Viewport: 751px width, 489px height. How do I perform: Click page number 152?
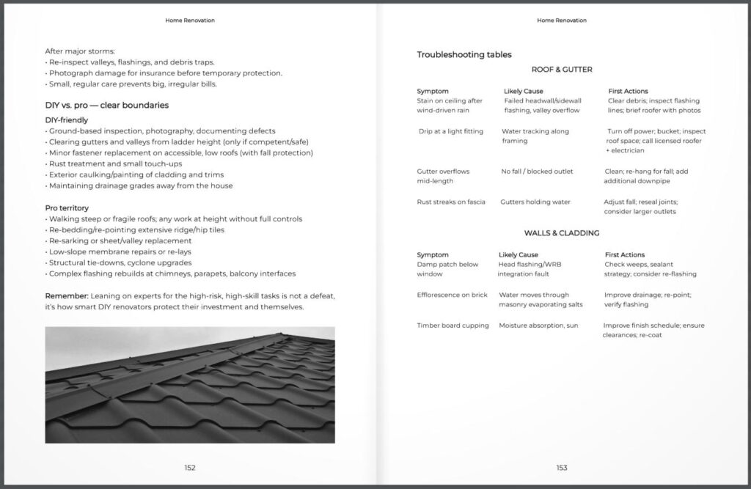(x=190, y=467)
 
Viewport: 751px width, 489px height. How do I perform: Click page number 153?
(x=562, y=467)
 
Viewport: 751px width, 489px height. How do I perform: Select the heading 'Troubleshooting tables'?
(x=464, y=54)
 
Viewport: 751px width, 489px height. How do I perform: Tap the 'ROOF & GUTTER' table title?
(x=562, y=70)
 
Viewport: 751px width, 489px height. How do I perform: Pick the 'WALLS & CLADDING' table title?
(x=562, y=233)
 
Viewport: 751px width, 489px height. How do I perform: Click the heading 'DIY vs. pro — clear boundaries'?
(x=107, y=105)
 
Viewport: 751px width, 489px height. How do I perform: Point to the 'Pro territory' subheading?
(x=67, y=207)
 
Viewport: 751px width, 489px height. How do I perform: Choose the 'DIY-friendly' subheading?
(x=67, y=120)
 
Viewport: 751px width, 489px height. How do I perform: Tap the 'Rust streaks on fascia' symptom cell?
(x=451, y=202)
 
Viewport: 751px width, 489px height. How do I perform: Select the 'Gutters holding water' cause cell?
(x=535, y=202)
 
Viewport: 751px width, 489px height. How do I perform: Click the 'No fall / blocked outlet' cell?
(x=538, y=172)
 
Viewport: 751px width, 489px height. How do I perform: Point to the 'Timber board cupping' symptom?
(x=453, y=326)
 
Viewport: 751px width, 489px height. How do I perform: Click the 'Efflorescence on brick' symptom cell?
(x=452, y=295)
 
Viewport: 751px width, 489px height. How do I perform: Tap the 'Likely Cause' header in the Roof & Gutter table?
(x=524, y=91)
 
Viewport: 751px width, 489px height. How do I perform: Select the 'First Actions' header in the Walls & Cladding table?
(x=625, y=254)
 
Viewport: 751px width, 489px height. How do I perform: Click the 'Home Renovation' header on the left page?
(x=190, y=21)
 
